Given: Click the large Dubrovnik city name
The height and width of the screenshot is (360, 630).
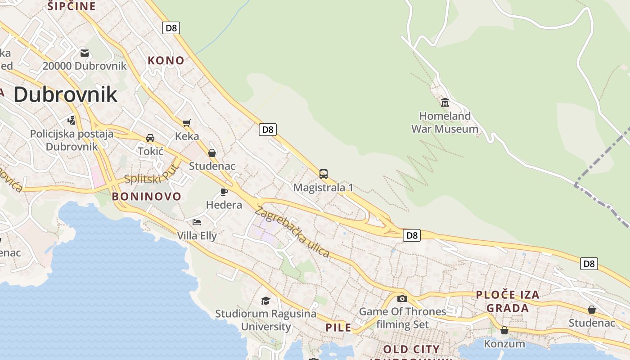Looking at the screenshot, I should (65, 94).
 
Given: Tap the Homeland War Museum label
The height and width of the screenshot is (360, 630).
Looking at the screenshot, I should (445, 122).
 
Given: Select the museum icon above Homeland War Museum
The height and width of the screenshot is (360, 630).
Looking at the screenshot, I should (445, 103).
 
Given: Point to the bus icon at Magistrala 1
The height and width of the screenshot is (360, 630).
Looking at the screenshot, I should (323, 174).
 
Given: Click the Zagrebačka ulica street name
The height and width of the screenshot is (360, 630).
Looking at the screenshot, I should (292, 232).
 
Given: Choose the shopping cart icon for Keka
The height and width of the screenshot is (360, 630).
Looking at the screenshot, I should (187, 123).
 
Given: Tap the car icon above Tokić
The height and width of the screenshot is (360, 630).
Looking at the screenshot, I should (150, 138).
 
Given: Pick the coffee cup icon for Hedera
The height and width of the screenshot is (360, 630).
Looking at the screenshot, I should (224, 192).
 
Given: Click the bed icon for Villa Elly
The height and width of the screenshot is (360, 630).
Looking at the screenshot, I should (197, 222).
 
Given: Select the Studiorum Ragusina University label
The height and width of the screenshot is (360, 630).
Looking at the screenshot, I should (266, 320).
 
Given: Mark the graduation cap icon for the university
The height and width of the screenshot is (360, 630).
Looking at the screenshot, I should (266, 301).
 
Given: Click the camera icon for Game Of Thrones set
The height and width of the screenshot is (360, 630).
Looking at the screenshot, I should (402, 298).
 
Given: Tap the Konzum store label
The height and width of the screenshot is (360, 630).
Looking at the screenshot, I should (504, 344).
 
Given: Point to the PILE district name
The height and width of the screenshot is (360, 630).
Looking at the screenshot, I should (338, 328).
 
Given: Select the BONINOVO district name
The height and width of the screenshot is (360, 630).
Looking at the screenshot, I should (146, 196).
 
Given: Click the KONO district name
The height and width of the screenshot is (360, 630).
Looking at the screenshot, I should (166, 60).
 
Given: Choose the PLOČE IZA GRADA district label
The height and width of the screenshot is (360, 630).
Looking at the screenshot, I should (508, 301).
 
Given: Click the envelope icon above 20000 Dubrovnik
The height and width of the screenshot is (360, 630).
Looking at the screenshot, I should (84, 53).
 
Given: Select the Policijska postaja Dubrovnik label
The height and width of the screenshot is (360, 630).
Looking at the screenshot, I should (72, 140).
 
